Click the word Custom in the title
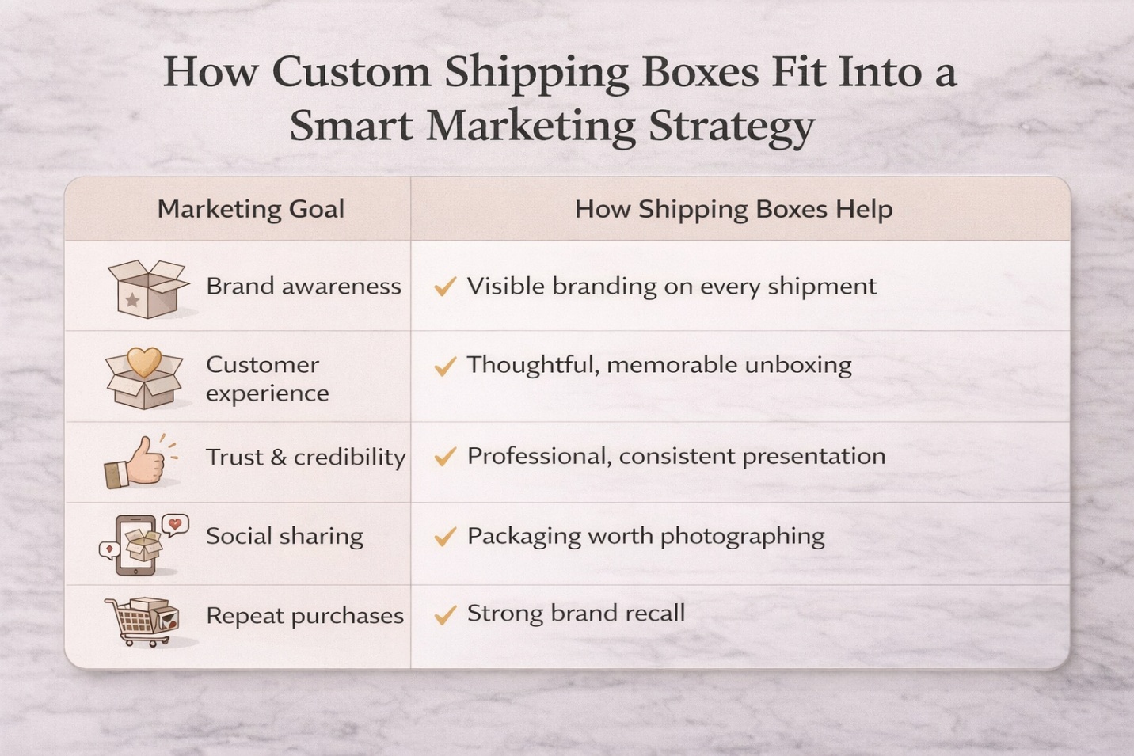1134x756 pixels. click(351, 73)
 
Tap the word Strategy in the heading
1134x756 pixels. click(731, 127)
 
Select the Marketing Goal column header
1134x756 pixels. click(251, 209)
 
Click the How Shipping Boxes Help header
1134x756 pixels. click(733, 209)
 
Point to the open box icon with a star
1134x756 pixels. click(147, 288)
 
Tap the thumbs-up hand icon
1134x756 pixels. click(139, 462)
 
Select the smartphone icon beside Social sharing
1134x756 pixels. click(136, 545)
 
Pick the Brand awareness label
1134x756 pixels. click(303, 286)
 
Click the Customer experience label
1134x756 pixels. click(267, 378)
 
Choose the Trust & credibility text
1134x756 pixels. click(306, 457)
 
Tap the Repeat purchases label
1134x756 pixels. click(305, 616)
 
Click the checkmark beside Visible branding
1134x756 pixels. click(445, 286)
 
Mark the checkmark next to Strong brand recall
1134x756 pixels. click(445, 614)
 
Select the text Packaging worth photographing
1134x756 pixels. click(645, 536)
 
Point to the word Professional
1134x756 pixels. click(538, 456)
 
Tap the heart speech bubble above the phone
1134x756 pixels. click(174, 524)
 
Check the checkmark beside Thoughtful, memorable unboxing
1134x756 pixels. click(445, 366)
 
